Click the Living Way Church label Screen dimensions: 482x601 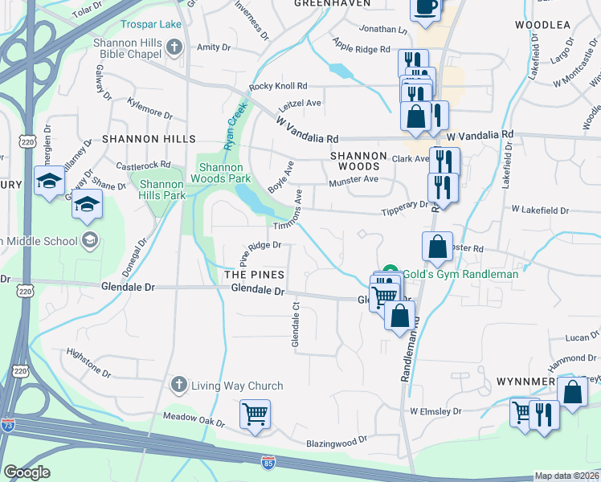[237, 386]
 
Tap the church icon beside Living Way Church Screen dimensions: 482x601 [179, 386]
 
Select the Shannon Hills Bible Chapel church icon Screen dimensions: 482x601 [174, 47]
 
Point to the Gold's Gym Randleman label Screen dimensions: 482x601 [460, 274]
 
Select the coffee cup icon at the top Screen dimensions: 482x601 [426, 7]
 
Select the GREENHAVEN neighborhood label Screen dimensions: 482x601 [332, 4]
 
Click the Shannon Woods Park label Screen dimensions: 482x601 [225, 173]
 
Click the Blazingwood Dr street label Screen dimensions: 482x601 [336, 441]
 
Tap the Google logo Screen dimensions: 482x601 [27, 472]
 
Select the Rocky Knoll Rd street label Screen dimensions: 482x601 [278, 86]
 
